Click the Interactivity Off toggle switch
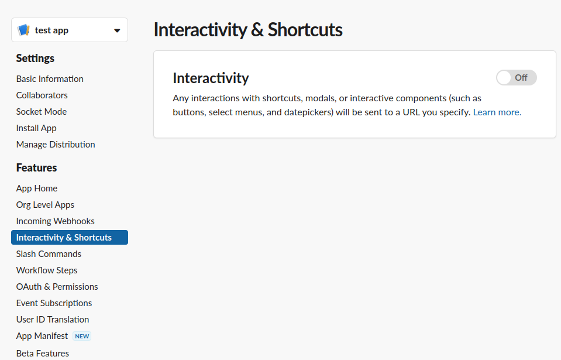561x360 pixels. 517,78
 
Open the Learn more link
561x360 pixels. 497,112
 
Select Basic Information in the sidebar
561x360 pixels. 50,78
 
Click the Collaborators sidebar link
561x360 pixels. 42,95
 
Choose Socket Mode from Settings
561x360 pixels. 42,112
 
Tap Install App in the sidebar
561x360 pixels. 36,128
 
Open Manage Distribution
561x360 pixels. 56,145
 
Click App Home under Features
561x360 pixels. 36,188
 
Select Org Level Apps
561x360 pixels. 45,205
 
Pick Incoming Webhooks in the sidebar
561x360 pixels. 55,221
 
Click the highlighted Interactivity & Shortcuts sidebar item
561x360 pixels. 70,237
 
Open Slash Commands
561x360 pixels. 49,254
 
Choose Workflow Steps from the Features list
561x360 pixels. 47,270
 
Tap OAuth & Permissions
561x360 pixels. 57,287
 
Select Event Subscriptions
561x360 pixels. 54,303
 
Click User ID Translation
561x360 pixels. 53,320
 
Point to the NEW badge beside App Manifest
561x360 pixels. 82,336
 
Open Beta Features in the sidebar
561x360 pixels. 43,353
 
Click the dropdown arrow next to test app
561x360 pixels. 117,31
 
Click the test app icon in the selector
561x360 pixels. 23,30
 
